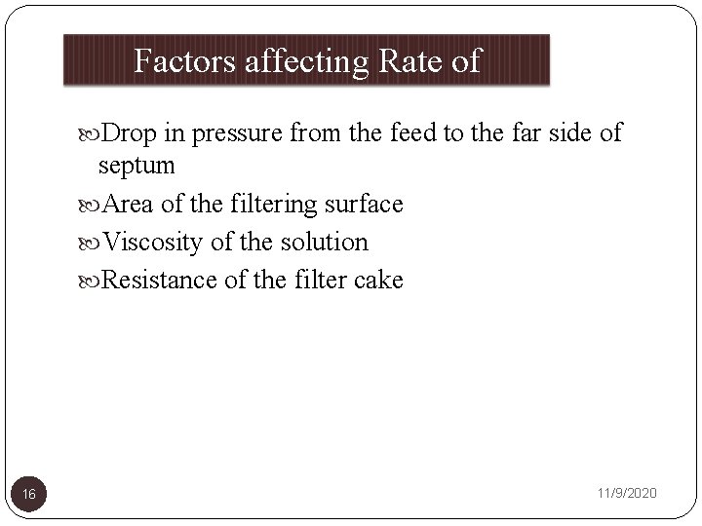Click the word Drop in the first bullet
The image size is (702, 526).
pos(123,131)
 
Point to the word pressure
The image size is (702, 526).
pos(231,133)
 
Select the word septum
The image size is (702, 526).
pos(137,167)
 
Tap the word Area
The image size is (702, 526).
pos(124,205)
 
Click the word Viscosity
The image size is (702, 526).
pos(152,243)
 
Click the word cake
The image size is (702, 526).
pos(374,281)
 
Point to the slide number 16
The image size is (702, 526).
pos(29,495)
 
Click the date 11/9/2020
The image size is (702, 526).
pos(626,494)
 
